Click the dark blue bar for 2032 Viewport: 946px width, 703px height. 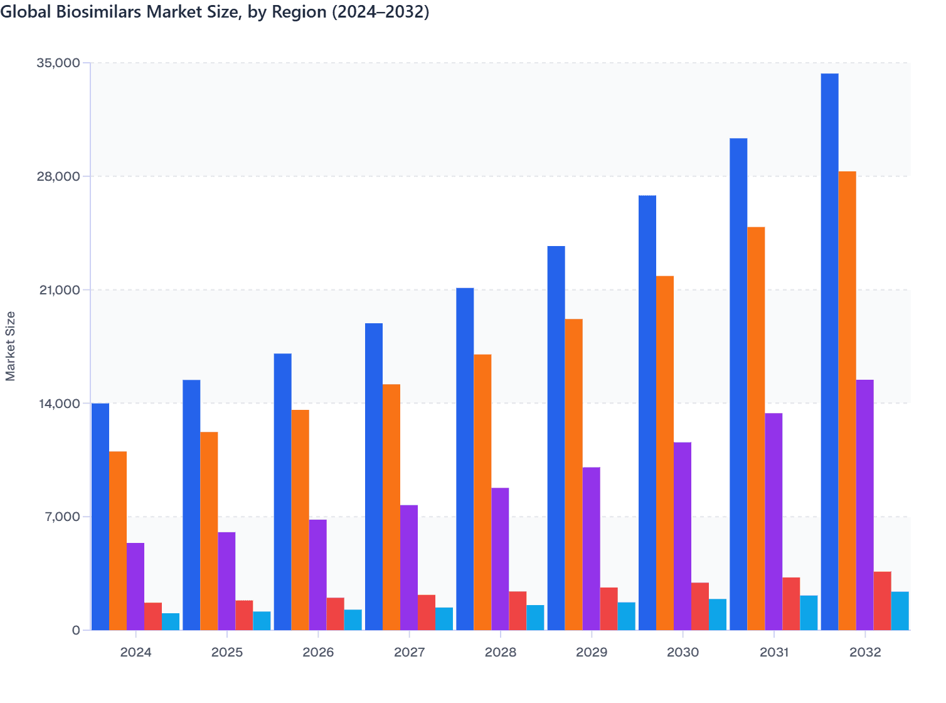coord(829,351)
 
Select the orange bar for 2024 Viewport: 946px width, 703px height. coord(118,540)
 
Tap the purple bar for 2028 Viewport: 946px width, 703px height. coord(500,559)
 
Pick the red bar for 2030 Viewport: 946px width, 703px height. coord(700,606)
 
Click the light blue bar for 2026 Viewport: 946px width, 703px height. coord(353,620)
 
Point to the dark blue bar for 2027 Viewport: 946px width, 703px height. coord(374,476)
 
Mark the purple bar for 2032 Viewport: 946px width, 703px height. coord(864,505)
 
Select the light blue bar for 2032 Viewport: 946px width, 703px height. coord(900,611)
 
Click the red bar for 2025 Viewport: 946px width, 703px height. coord(244,615)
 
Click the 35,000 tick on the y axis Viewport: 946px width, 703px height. coord(59,63)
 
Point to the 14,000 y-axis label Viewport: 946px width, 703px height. coord(59,404)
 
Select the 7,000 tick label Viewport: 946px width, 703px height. coord(62,517)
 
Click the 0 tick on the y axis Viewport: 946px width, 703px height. coord(76,630)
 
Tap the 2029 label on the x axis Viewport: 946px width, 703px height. coord(592,652)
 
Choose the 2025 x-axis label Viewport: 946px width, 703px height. coord(227,652)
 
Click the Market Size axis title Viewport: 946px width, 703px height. coord(10,346)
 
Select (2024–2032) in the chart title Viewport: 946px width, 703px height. coord(378,11)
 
